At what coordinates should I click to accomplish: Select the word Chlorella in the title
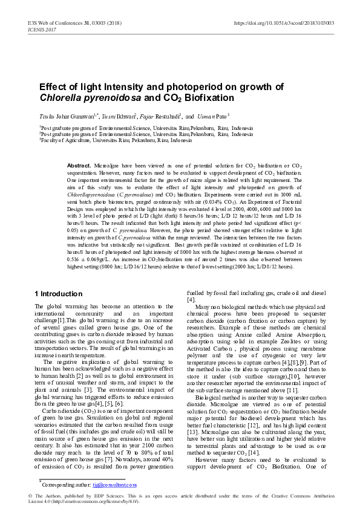(x=58, y=97)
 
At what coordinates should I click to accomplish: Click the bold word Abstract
(x=79, y=165)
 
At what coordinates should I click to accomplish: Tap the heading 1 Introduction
(x=58, y=293)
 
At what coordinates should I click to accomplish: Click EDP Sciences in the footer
(x=104, y=496)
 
